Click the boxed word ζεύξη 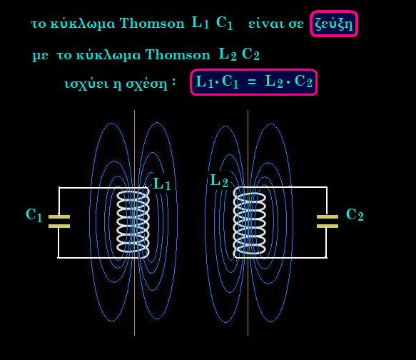point(334,24)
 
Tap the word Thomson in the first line point(152,23)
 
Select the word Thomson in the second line point(178,55)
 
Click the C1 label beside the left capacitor point(34,215)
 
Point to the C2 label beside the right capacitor point(355,215)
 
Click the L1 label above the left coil point(162,184)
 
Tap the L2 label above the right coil point(219,181)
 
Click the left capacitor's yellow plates point(59,221)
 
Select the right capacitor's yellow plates point(328,221)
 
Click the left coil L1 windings point(133,222)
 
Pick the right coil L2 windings point(250,222)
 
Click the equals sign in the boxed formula point(252,81)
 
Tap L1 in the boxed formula point(205,81)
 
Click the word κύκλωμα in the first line point(83,24)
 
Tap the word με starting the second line point(40,56)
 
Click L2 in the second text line point(228,54)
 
